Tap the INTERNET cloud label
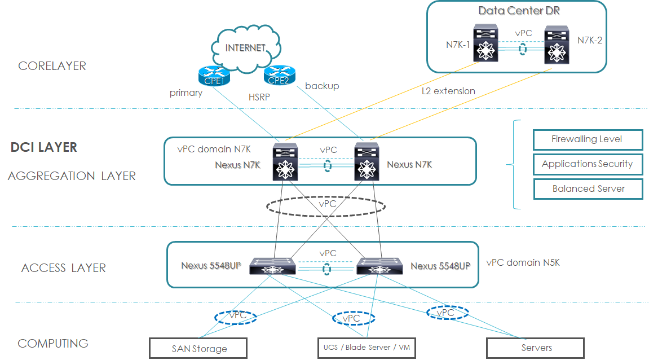tap(245, 48)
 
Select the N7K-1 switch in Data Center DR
tap(484, 43)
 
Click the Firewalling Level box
tap(588, 139)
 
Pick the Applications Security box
tap(588, 164)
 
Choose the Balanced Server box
tap(588, 189)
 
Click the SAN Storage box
tap(198, 348)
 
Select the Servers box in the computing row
tap(535, 348)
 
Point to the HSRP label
tap(259, 97)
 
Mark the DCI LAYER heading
tap(44, 148)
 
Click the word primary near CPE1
tap(186, 93)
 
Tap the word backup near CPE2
tap(322, 86)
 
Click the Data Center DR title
tap(519, 11)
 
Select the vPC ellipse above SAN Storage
tap(236, 317)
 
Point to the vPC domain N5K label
tap(523, 263)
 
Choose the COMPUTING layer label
tap(53, 343)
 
